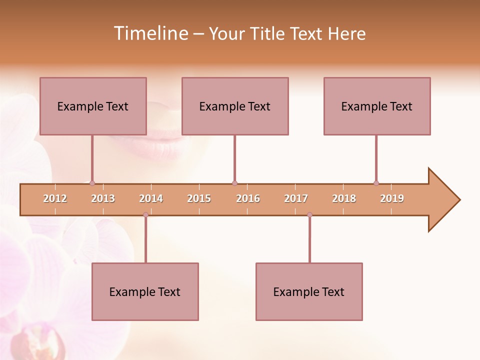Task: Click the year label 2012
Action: pos(55,198)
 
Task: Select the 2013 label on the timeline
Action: pos(103,198)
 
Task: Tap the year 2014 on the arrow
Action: pos(151,198)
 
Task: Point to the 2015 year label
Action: pos(199,198)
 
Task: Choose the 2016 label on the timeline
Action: pos(248,198)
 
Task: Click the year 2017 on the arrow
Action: pos(296,198)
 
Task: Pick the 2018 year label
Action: pos(344,198)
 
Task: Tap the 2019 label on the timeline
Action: pos(392,198)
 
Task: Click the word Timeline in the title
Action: pos(150,33)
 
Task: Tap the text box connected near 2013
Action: pos(93,106)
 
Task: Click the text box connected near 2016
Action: pos(235,106)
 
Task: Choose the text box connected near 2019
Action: pos(377,106)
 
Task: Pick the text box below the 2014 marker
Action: pos(145,291)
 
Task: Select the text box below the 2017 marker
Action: pos(309,291)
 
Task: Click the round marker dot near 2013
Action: pos(92,183)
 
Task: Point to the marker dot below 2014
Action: pos(145,215)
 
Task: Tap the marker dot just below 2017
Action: pos(309,215)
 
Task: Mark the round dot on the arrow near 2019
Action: pos(376,183)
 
